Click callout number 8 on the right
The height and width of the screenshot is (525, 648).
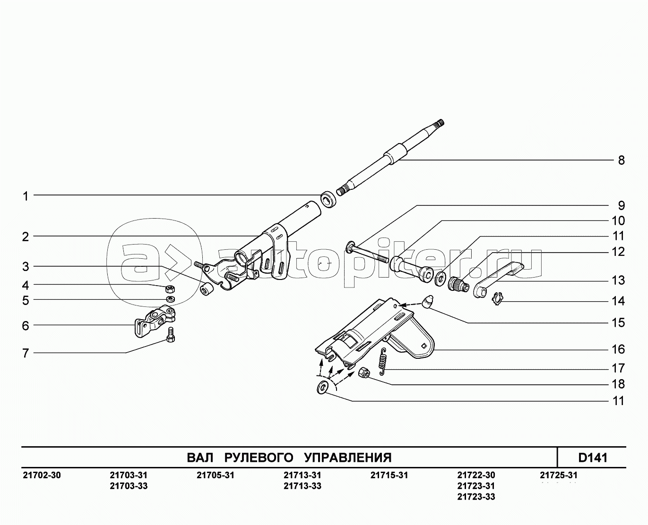click(621, 160)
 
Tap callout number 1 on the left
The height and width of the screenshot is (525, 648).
click(26, 196)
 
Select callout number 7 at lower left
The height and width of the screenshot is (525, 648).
click(26, 353)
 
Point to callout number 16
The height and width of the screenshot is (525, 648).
click(618, 349)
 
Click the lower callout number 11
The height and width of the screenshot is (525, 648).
click(618, 401)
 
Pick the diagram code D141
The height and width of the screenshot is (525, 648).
click(592, 457)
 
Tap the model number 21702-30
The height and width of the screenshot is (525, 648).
click(42, 475)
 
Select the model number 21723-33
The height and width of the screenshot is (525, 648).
click(476, 497)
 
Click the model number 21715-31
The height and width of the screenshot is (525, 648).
click(389, 475)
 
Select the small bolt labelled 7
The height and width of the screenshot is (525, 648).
click(171, 335)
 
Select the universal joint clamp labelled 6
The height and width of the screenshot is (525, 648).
click(154, 322)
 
